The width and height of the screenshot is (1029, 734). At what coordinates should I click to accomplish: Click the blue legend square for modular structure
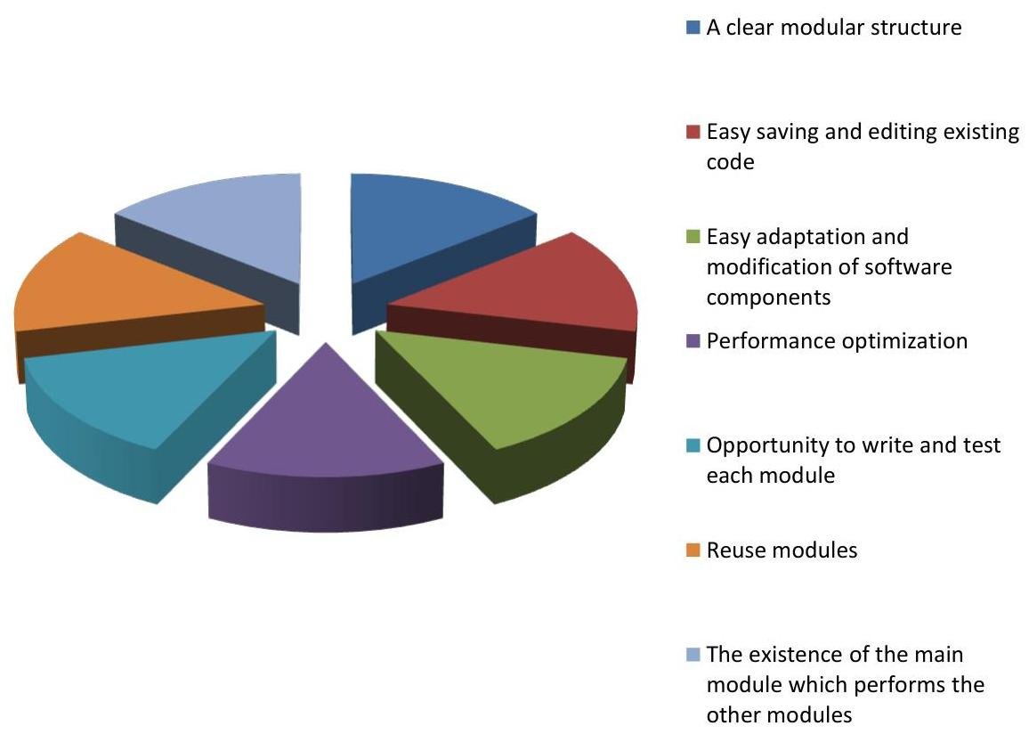click(x=693, y=28)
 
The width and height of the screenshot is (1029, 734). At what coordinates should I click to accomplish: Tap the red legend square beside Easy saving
click(x=693, y=132)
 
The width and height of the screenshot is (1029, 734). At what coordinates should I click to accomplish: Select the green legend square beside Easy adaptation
click(x=693, y=236)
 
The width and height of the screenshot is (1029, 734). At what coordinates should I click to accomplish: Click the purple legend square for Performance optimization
click(x=693, y=341)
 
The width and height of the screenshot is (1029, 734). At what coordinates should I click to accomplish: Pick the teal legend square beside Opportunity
click(x=693, y=445)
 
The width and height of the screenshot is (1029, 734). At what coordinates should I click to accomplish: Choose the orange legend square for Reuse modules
click(x=693, y=550)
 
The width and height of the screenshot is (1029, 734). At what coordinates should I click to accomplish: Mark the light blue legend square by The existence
click(x=693, y=655)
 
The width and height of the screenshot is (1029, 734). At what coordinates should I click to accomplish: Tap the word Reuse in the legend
click(x=731, y=550)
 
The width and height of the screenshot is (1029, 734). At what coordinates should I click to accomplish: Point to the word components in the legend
click(x=768, y=298)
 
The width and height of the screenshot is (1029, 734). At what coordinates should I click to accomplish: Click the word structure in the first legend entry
click(x=915, y=28)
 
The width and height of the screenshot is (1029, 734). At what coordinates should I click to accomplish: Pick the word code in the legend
click(x=731, y=162)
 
